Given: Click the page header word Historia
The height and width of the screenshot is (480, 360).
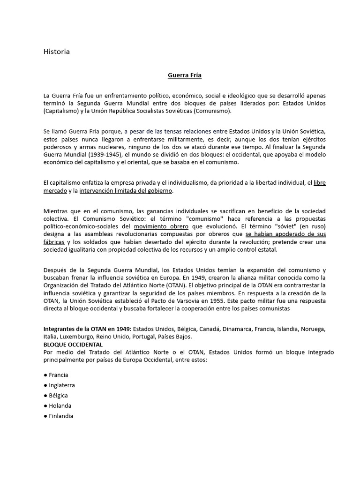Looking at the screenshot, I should coord(57,52).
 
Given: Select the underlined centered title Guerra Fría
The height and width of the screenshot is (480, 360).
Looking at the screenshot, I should coord(185,75).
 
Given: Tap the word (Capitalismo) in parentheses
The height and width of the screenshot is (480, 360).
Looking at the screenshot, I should coord(62,111).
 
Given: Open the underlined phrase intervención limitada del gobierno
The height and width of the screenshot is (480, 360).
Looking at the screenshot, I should coord(126,191).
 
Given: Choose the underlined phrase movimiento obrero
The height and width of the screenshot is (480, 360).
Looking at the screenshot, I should coord(161,226).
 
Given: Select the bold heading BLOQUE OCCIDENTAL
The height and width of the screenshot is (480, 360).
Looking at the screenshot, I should coord(73,344).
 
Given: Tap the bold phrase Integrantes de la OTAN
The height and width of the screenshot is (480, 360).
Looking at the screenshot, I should coord(77,329).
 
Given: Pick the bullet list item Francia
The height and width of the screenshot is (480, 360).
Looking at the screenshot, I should coord(59,375).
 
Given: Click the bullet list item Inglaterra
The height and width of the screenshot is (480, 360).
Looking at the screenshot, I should coord(62,385).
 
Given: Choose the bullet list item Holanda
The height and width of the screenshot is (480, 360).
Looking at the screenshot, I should coord(60,406).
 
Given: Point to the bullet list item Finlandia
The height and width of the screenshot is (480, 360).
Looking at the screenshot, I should coord(61,416).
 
